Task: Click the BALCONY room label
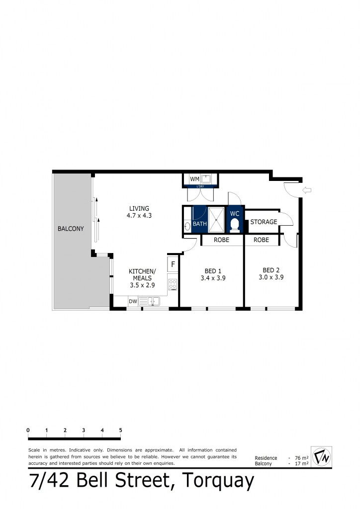(x=71, y=229)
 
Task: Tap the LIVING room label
(x=139, y=208)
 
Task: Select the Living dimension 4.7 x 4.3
(x=139, y=216)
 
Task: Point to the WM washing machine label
(x=194, y=178)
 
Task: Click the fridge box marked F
(x=173, y=264)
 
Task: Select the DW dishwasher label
(x=133, y=301)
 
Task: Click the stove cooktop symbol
(x=173, y=284)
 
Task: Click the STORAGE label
(x=264, y=222)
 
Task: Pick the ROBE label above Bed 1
(x=221, y=240)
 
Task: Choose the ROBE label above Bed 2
(x=261, y=240)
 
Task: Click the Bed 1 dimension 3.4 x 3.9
(x=213, y=278)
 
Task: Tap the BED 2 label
(x=271, y=270)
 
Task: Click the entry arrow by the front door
(x=307, y=189)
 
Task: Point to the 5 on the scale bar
(x=121, y=430)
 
